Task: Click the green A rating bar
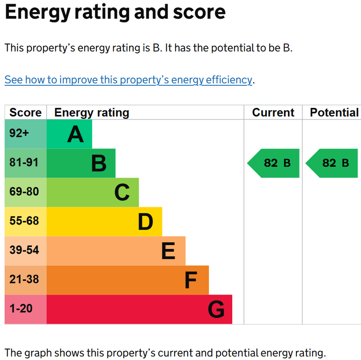(x=69, y=134)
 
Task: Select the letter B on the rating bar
(x=99, y=164)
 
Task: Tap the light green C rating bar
(x=93, y=193)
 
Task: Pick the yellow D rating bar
(x=104, y=222)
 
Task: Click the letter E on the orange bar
(x=168, y=251)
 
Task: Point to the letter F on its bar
(x=191, y=280)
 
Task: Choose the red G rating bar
(x=139, y=309)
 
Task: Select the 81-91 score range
(x=24, y=162)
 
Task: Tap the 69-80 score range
(x=24, y=192)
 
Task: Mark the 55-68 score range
(x=24, y=221)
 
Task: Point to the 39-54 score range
(x=24, y=250)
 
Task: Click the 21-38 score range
(x=24, y=279)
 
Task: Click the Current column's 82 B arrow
(x=273, y=163)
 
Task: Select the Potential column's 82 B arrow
(x=332, y=163)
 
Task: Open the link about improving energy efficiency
(x=128, y=80)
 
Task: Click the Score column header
(x=25, y=112)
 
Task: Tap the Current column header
(x=273, y=112)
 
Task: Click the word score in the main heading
(x=199, y=12)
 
